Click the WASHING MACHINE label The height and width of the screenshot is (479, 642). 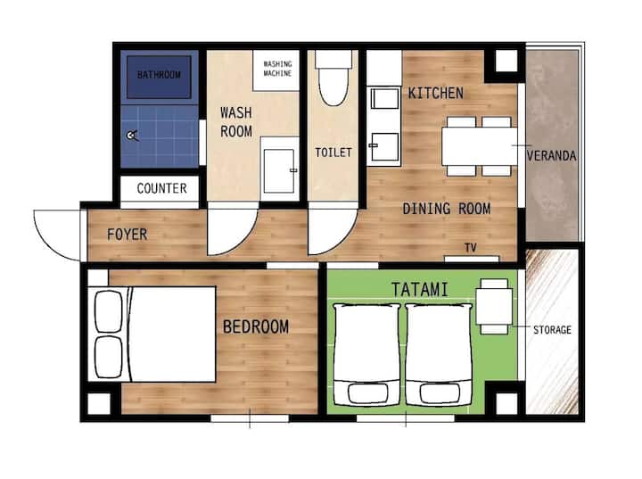[277, 69]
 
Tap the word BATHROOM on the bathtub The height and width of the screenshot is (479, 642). [159, 75]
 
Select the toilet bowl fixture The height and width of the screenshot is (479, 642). [333, 78]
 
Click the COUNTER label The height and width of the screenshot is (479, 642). [161, 188]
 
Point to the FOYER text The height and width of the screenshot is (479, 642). [127, 235]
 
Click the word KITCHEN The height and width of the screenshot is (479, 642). [436, 93]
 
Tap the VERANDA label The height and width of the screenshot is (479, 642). [552, 156]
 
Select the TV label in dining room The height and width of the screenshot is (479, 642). [471, 247]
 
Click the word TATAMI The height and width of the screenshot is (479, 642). [420, 290]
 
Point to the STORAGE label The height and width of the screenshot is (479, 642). [552, 330]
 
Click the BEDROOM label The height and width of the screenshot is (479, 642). [256, 326]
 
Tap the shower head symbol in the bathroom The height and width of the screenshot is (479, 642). [132, 136]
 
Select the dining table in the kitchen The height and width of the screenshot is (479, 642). [480, 146]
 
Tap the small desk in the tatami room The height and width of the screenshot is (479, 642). [494, 306]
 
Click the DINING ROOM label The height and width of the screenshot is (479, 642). [447, 209]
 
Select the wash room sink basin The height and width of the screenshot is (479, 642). [279, 171]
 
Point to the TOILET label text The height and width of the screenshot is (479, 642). [333, 153]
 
